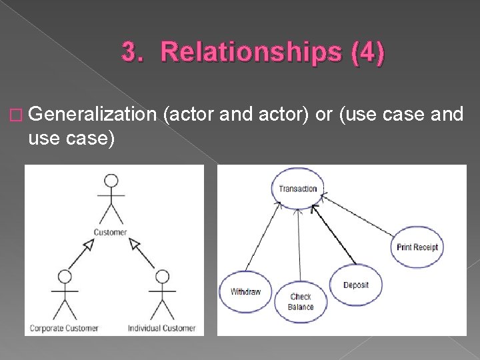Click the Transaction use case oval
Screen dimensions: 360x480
pyautogui.click(x=297, y=189)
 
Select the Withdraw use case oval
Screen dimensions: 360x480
pyautogui.click(x=245, y=291)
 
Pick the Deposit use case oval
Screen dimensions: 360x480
pyautogui.click(x=356, y=285)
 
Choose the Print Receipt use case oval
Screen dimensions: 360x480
pyautogui.click(x=417, y=247)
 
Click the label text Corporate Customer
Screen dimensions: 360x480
pyautogui.click(x=64, y=327)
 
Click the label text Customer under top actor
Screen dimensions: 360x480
pyautogui.click(x=111, y=232)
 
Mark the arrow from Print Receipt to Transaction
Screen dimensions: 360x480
pyautogui.click(x=360, y=214)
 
